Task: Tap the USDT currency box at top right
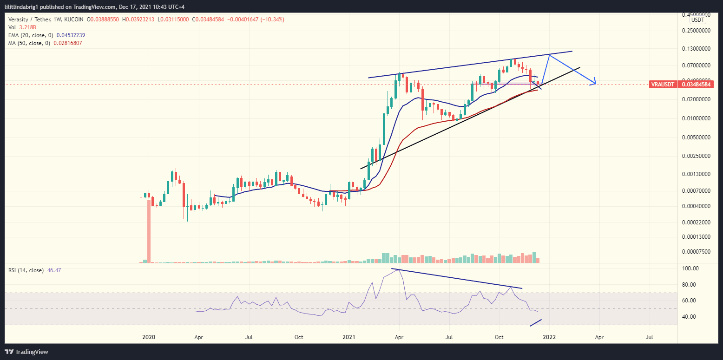click(x=697, y=20)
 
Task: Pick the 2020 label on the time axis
click(x=148, y=336)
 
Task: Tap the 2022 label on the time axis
click(x=550, y=336)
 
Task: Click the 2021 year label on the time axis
click(x=349, y=336)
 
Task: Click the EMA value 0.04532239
click(x=69, y=35)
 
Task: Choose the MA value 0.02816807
click(x=66, y=43)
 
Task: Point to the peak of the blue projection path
click(x=550, y=55)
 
